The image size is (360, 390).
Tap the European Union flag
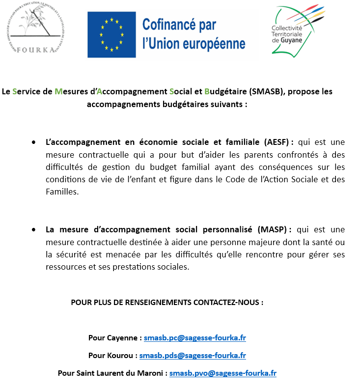[111, 35]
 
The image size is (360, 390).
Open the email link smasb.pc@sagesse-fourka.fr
[195, 338]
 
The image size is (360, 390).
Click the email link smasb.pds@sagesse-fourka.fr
[193, 355]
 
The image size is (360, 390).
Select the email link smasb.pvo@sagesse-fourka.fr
[223, 373]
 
